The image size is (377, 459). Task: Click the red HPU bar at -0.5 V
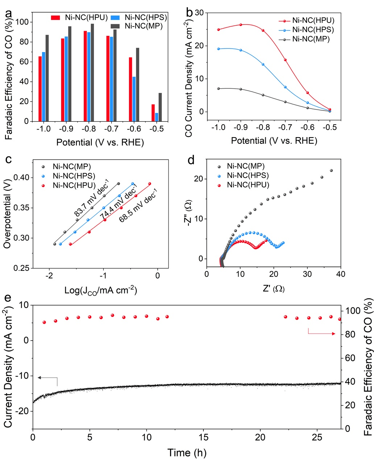[x=153, y=113]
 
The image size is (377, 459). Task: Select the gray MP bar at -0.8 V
[x=92, y=72]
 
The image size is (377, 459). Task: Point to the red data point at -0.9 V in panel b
[x=241, y=25]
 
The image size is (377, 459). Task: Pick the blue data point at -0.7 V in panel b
[x=285, y=87]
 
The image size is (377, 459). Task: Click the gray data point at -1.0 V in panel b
[x=219, y=88]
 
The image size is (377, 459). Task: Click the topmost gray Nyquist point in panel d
[x=331, y=170]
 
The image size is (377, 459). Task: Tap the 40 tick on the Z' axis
[x=340, y=274]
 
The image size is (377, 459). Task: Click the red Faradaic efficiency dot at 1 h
[x=44, y=322]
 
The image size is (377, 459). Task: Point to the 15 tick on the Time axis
[x=204, y=437]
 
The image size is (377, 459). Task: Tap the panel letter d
[x=191, y=160]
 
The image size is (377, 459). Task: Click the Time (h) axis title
[x=187, y=452]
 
